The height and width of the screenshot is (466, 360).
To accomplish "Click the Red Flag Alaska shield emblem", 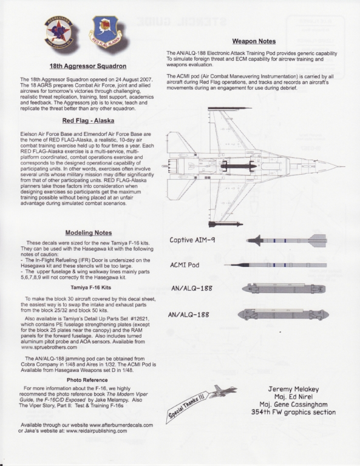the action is coord(105,30).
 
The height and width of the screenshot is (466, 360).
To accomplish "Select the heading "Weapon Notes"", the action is coord(254,41).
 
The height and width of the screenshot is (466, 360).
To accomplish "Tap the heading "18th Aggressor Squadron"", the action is coord(88,66).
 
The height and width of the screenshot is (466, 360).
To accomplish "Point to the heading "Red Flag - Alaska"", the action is coord(88,121).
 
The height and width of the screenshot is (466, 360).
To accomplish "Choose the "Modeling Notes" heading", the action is coord(89,233).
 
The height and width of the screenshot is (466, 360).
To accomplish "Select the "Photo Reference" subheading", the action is coord(87,380).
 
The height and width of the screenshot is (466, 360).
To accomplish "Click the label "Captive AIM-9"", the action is coord(192,240).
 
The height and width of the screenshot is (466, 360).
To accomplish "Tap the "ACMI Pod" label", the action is coord(185,265).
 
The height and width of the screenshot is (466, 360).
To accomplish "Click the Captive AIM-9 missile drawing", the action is coord(287,240).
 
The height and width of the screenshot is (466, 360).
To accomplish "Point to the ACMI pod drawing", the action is coord(275,265).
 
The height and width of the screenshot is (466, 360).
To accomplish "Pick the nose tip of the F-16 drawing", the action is coord(345,167).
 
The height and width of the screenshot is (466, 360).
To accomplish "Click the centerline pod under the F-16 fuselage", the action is coord(238,166).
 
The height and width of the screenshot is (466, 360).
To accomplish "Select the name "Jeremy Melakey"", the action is coord(293,389).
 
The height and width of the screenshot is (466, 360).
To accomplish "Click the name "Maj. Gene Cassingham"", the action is coord(293,405).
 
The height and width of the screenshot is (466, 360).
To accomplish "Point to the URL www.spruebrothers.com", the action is coord(49,347).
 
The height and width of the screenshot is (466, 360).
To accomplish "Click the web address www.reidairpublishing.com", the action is coord(97,431).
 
